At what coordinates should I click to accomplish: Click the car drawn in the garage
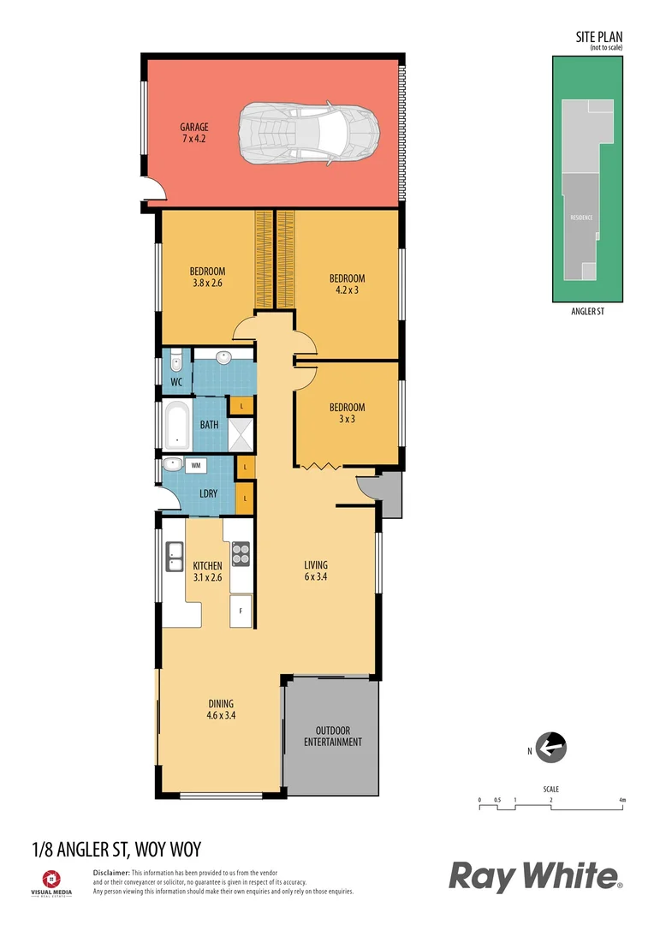pos(308,134)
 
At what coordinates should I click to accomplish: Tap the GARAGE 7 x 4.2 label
pos(193,133)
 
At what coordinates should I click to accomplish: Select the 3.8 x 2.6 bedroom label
pos(206,277)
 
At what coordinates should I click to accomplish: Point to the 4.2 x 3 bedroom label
pos(347,283)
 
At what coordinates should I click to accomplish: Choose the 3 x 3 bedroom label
pos(347,413)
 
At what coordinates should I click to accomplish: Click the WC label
pos(176,381)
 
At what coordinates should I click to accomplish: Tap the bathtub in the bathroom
pos(178,425)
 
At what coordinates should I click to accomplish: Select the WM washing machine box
pos(196,465)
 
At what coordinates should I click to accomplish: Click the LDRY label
pos(207,493)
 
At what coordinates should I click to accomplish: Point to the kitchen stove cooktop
pos(241,554)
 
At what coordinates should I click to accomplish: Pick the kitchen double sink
pos(175,558)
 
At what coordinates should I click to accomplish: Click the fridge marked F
pos(241,612)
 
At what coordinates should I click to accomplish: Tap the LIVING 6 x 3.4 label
pos(316,571)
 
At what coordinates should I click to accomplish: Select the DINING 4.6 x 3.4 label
pos(220,709)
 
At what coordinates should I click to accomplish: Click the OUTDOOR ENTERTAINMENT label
pos(333,736)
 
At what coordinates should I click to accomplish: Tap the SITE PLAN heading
pos(598,38)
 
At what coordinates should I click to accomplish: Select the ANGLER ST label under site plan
pos(587,313)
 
